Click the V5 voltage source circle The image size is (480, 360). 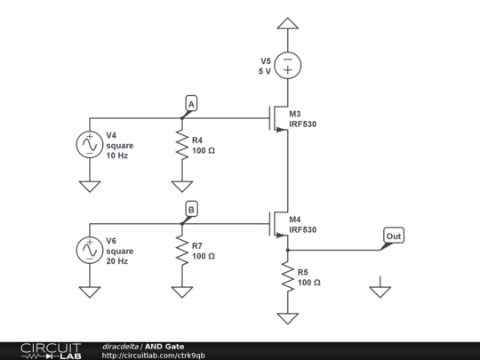point(288,66)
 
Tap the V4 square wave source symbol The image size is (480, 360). point(90,145)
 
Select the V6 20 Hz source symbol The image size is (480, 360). point(90,250)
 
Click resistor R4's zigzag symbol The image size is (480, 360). point(182,145)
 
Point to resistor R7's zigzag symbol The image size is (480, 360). point(182,250)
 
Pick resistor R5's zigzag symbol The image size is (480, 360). point(288,276)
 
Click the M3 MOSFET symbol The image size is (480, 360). point(278,118)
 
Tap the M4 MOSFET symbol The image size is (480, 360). point(278,224)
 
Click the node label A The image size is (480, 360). point(191,103)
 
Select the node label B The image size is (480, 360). point(191,209)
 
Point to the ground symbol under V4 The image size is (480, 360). point(90,187)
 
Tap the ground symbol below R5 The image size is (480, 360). point(288,318)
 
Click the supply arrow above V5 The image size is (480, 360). point(288,24)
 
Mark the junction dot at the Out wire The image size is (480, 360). point(288,250)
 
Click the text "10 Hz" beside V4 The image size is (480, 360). point(117,156)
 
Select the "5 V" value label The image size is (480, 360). point(265,71)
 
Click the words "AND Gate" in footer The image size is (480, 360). point(164,347)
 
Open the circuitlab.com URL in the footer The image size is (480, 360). point(154,356)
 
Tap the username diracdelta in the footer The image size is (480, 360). point(120,347)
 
